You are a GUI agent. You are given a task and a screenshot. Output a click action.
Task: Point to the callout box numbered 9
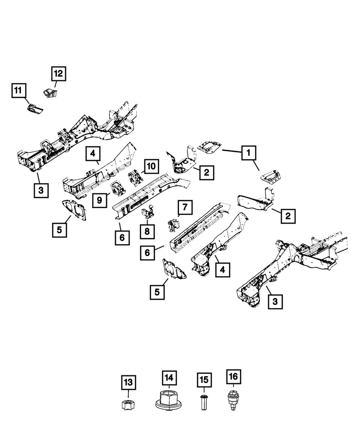coord(100,200)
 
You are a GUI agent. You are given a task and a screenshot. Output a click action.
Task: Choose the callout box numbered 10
coord(151,166)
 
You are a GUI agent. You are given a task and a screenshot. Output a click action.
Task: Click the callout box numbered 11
coord(18,91)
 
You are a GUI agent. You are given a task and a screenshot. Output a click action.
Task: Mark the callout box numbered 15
coord(203,380)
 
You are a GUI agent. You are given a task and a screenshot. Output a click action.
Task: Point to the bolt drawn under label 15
coord(203,402)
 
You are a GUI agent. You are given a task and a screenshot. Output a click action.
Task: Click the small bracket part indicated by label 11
coord(35,108)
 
